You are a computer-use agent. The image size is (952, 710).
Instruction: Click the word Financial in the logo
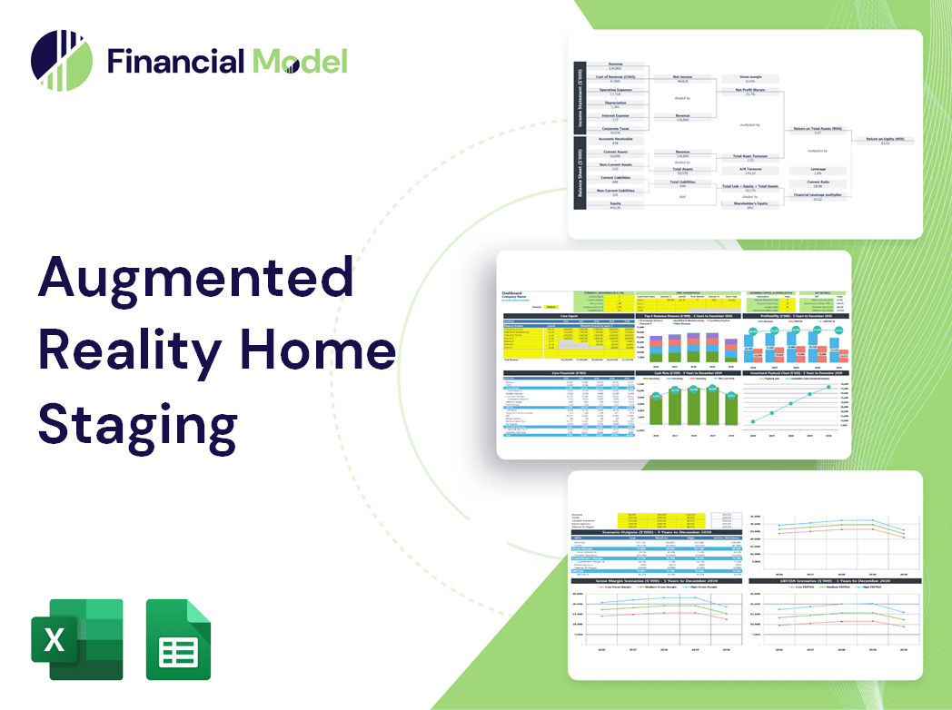coord(174,61)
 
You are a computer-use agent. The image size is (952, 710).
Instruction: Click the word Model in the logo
coord(300,61)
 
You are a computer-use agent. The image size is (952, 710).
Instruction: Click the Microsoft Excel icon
coord(77,639)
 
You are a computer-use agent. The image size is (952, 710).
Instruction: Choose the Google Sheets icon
coord(178,639)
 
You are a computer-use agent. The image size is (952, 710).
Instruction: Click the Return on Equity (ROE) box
coord(890,140)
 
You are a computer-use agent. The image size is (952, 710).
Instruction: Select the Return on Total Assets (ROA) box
coord(818,130)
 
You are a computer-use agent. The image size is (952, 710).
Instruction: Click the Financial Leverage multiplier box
coord(817,196)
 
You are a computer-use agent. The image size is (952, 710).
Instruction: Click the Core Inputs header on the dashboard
coord(569,316)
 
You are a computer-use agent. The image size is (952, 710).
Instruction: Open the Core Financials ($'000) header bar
coord(569,372)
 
